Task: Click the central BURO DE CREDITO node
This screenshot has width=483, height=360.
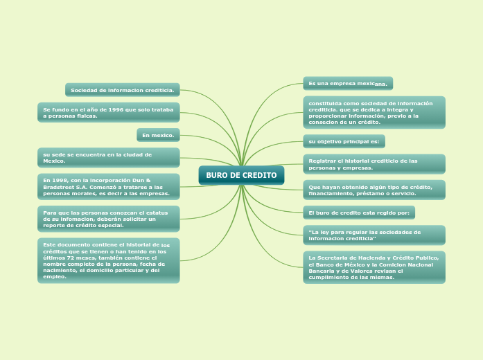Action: tap(241, 175)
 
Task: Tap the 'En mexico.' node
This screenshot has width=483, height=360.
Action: tap(158, 134)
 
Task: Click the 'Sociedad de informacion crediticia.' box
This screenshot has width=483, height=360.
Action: tap(122, 90)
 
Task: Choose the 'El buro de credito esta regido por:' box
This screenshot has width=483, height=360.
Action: tap(358, 213)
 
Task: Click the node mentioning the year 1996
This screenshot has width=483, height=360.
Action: tap(108, 113)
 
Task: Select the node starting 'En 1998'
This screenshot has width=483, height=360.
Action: tap(108, 186)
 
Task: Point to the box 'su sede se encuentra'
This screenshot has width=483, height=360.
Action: tap(108, 158)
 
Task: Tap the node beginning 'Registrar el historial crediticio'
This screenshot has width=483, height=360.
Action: tap(374, 164)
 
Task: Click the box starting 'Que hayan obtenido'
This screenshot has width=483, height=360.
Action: tap(374, 190)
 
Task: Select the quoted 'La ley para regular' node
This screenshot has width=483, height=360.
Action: tap(374, 235)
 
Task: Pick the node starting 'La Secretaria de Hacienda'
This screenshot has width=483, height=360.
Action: tap(374, 267)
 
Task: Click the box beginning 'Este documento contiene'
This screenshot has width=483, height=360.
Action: tap(108, 260)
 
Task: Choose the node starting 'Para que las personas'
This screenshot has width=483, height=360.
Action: tap(108, 219)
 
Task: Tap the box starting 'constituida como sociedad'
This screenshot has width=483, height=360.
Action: tap(374, 112)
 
